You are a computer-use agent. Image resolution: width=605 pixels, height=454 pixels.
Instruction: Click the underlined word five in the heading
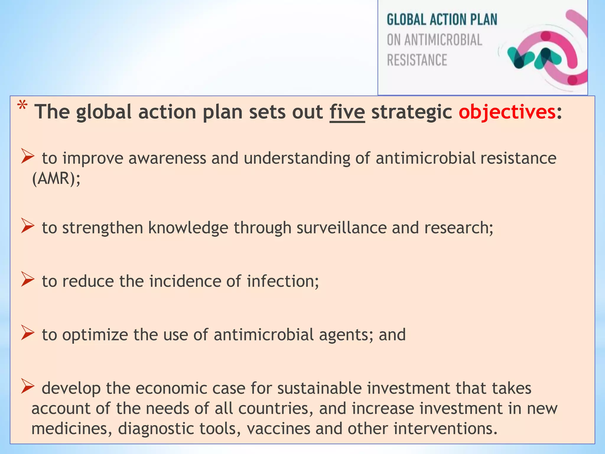(347, 112)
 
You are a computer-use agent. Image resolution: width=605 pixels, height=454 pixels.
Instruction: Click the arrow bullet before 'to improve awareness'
(28, 156)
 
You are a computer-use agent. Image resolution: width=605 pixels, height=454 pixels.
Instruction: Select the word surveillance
(341, 228)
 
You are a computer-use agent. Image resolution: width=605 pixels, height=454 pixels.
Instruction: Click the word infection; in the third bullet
(283, 281)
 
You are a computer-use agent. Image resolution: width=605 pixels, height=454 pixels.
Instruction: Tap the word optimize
(95, 335)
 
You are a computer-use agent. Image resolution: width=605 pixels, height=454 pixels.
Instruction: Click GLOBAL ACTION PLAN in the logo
(442, 20)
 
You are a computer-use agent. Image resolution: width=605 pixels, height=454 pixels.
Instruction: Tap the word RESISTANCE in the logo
(417, 60)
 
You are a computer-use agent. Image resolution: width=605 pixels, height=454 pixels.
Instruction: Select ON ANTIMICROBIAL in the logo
(434, 40)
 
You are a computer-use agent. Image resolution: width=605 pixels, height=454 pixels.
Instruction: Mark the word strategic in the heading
(412, 112)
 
